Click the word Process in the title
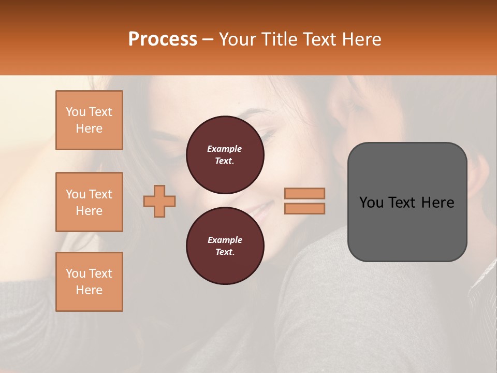[x=163, y=39]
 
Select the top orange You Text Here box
[x=89, y=120]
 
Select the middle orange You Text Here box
[x=89, y=202]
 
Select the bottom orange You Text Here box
[x=89, y=282]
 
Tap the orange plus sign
[x=159, y=201]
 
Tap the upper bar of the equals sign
[x=304, y=193]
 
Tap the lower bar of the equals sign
[x=304, y=208]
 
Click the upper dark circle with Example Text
[x=225, y=155]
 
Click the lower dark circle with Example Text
[x=225, y=246]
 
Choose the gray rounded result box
[x=407, y=202]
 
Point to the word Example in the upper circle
[x=225, y=149]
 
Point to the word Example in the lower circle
[x=225, y=240]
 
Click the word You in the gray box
[x=371, y=203]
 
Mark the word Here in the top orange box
[x=89, y=128]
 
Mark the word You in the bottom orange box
[x=76, y=274]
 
